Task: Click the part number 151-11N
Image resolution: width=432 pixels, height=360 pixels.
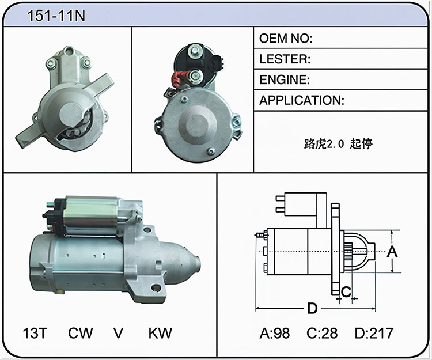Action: point(56,16)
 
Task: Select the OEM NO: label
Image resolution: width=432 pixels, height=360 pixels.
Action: point(286,38)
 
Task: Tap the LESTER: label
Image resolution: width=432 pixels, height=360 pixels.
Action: point(285,59)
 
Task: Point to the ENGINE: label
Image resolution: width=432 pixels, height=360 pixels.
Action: point(285,79)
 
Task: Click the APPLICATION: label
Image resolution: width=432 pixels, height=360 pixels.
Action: point(302,100)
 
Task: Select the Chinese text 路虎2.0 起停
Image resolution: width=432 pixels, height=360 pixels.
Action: point(338,144)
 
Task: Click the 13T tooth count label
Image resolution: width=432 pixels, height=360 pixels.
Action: point(35,333)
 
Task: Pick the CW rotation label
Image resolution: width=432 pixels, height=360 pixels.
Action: point(81,333)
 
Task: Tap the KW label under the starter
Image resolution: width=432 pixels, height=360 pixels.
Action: point(160,333)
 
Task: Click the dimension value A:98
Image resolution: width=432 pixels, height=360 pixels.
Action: point(275,333)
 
